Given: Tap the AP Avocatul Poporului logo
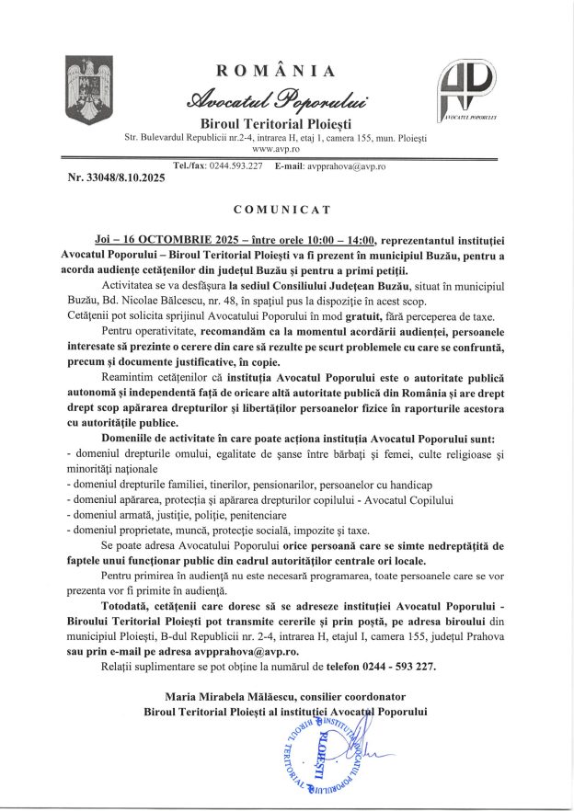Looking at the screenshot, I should coord(466,90).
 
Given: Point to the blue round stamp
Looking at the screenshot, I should coord(321,751).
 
